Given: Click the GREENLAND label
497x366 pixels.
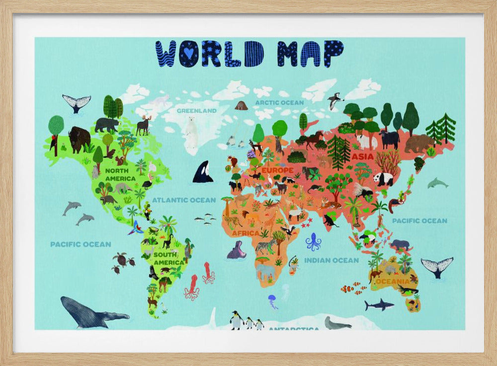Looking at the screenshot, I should (x=196, y=111).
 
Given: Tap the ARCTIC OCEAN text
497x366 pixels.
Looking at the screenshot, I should (x=279, y=103).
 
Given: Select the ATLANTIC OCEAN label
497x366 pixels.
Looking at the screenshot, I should (x=184, y=200).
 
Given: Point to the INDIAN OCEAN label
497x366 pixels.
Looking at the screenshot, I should (x=331, y=260).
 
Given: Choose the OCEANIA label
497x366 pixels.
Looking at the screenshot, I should (x=393, y=282).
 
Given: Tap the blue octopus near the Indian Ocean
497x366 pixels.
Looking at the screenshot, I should (x=313, y=242).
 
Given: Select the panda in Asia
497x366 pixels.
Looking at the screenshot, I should (x=383, y=179).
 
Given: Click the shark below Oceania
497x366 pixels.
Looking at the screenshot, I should (x=379, y=304).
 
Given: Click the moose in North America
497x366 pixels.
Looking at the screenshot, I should (x=143, y=125).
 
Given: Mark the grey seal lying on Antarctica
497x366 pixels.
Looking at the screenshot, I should (x=336, y=323).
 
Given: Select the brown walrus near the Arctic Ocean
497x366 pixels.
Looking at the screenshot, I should (x=241, y=106).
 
